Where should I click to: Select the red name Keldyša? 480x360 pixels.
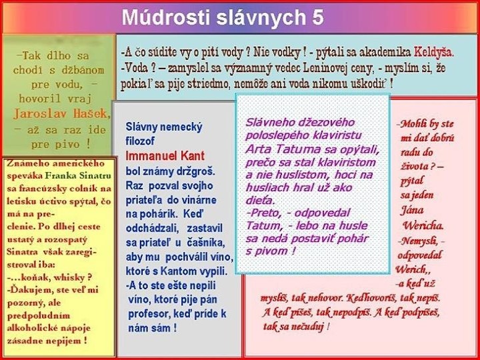tap(434, 51)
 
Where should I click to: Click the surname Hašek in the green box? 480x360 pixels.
tap(89, 113)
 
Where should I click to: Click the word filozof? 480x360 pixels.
tap(140, 141)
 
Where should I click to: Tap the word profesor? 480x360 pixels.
tap(149, 313)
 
